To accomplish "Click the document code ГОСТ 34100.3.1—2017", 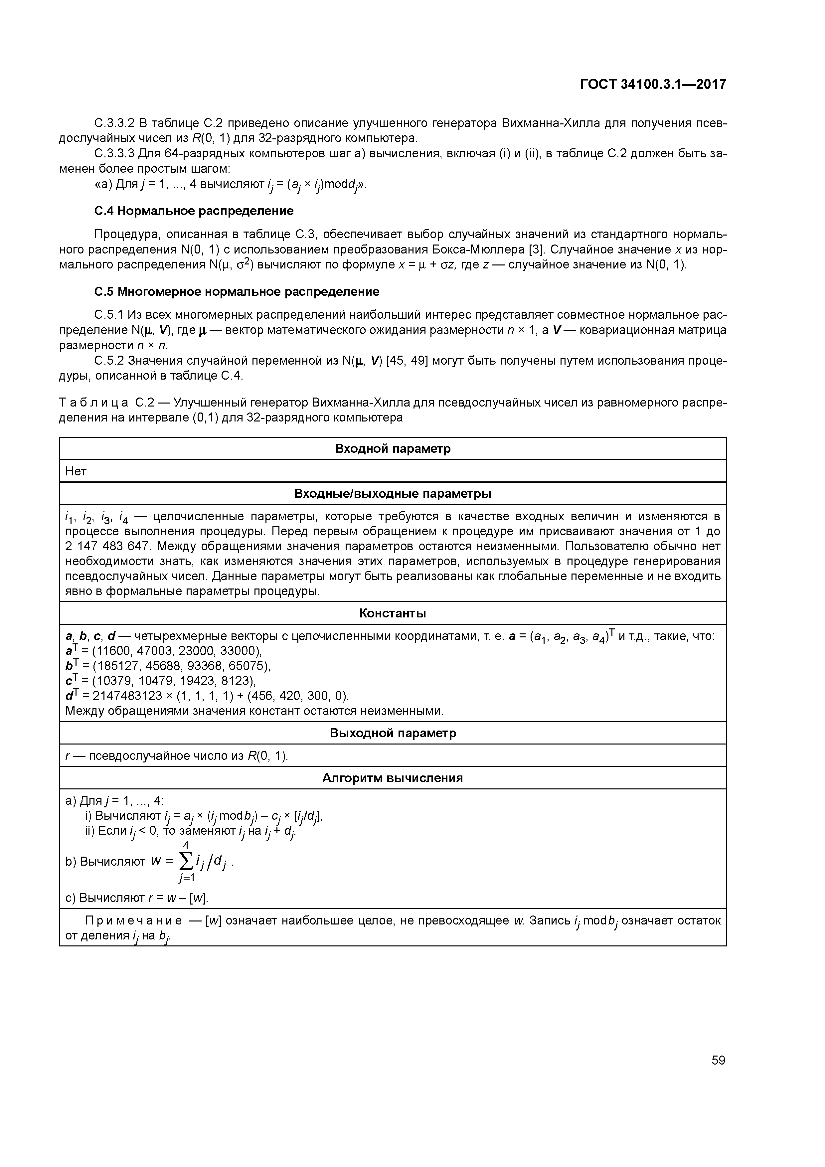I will pos(653,84).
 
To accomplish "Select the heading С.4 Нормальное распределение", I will pos(194,211).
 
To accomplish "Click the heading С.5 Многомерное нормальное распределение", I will pos(237,292).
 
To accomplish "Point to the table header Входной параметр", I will pos(393,449).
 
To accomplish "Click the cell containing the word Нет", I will pos(76,471).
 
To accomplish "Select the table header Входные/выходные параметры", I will pos(393,494).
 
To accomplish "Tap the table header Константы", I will pos(393,613).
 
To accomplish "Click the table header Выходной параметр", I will pos(393,733).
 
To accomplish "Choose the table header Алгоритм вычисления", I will pos(393,778).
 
